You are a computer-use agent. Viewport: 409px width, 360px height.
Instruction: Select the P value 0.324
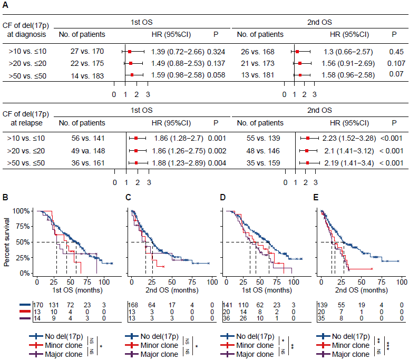tap(216, 52)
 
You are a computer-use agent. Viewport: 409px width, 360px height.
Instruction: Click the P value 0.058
tap(216, 75)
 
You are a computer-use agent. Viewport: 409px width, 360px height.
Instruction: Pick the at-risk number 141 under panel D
tap(228, 305)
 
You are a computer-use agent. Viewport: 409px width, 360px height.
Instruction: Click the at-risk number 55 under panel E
tap(341, 305)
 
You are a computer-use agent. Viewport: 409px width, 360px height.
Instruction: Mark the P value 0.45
tap(394, 52)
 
